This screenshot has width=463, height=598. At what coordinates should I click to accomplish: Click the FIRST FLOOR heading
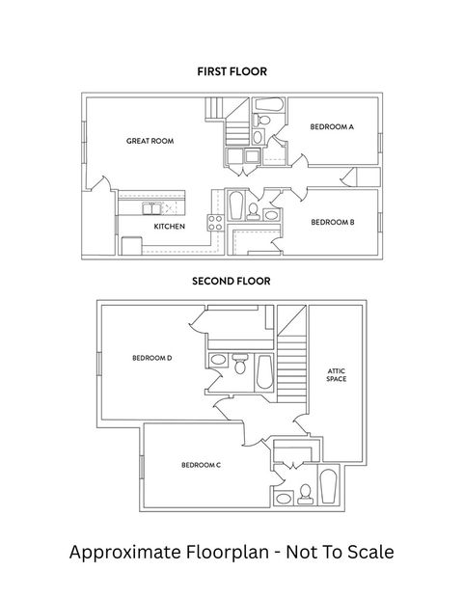click(x=231, y=71)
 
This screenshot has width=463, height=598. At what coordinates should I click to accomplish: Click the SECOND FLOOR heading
click(x=231, y=282)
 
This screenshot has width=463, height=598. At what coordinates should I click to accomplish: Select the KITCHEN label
click(x=169, y=226)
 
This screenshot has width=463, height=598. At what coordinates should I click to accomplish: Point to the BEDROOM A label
click(x=331, y=126)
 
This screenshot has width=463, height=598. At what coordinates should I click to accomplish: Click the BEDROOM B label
click(x=333, y=222)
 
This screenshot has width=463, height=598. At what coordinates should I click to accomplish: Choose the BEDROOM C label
click(x=202, y=465)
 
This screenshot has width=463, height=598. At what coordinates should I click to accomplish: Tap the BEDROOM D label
click(x=152, y=358)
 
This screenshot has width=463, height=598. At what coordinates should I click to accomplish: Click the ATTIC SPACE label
click(x=336, y=374)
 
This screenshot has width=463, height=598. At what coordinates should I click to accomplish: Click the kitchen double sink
click(x=153, y=207)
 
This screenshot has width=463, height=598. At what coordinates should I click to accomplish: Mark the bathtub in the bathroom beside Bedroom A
click(x=270, y=104)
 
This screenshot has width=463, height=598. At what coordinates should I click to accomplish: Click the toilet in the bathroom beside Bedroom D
click(x=239, y=363)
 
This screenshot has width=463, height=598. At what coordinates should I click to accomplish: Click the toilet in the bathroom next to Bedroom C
click(x=305, y=493)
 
